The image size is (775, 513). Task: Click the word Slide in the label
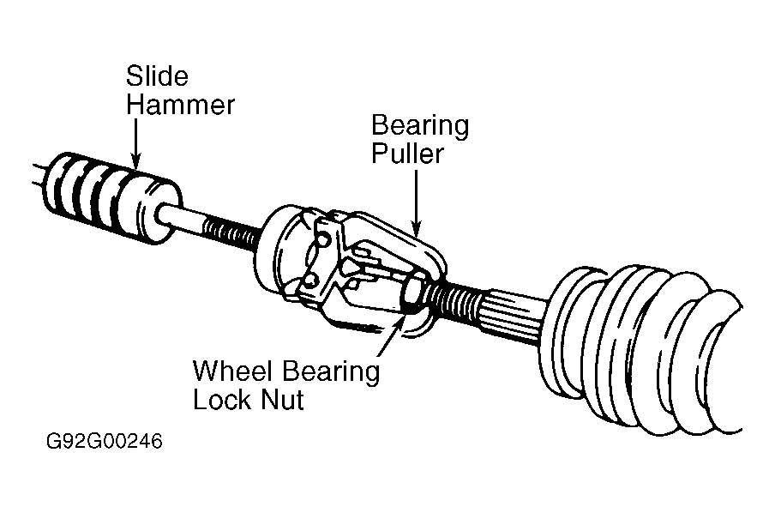point(157,76)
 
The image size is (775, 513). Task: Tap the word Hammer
point(180,105)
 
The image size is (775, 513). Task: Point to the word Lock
point(223,399)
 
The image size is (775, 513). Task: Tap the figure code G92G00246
point(105,441)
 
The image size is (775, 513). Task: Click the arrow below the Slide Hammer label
point(135,143)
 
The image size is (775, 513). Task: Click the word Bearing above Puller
point(420,125)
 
